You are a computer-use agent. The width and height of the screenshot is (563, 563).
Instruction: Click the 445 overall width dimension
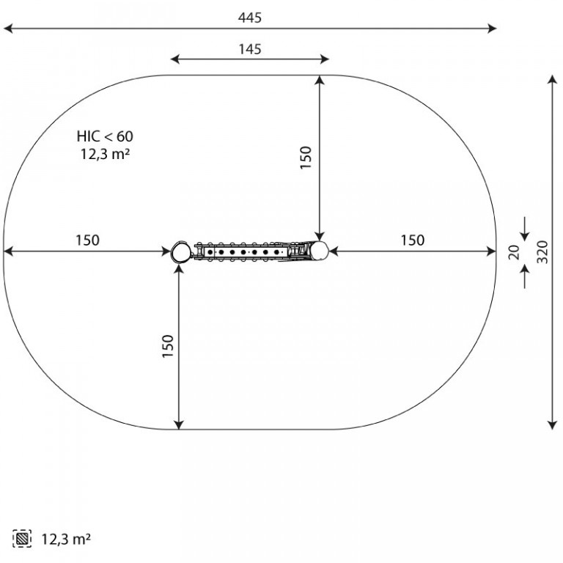click(x=250, y=18)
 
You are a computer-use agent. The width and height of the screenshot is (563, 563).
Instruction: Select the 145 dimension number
click(x=250, y=49)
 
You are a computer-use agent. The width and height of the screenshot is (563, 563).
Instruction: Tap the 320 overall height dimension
click(x=542, y=252)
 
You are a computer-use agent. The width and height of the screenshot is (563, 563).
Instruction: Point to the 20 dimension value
click(x=514, y=252)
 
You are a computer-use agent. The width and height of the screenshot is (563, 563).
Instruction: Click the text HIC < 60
click(x=105, y=136)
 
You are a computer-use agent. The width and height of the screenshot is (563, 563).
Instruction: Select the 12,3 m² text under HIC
click(x=105, y=154)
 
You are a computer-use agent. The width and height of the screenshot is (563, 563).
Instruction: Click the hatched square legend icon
click(x=22, y=539)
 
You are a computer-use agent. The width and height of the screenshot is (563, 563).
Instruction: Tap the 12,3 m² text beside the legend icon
click(x=66, y=539)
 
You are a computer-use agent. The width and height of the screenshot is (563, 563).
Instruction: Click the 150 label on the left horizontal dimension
click(x=88, y=240)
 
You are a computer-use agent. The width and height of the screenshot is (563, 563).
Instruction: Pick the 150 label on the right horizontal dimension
click(x=413, y=240)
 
